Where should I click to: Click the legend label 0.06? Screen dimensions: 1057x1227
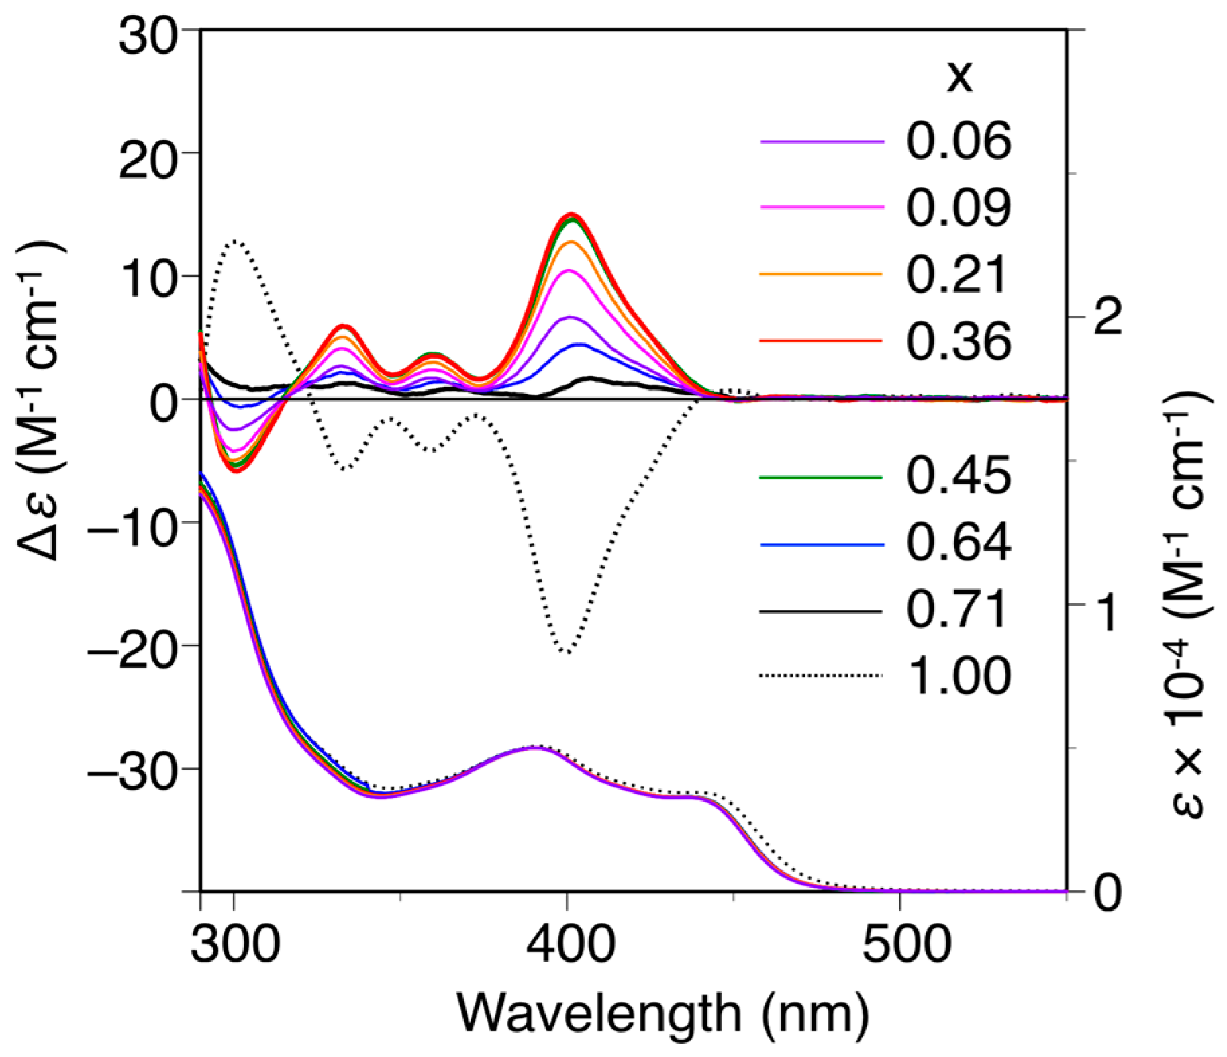click(958, 141)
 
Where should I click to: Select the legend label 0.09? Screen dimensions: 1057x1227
click(958, 207)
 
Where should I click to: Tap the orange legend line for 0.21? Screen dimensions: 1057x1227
click(821, 274)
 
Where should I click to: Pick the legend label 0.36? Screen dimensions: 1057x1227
click(958, 341)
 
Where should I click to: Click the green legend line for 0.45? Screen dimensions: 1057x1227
click(821, 477)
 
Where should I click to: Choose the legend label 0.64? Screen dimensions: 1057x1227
click(958, 542)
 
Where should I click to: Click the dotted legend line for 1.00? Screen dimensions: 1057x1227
click(821, 676)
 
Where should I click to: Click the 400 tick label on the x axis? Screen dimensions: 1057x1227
click(570, 944)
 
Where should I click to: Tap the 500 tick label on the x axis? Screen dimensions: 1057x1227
click(906, 944)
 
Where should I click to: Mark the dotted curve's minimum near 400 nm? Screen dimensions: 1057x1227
click(567, 652)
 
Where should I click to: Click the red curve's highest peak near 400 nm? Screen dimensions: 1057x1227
click(572, 215)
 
